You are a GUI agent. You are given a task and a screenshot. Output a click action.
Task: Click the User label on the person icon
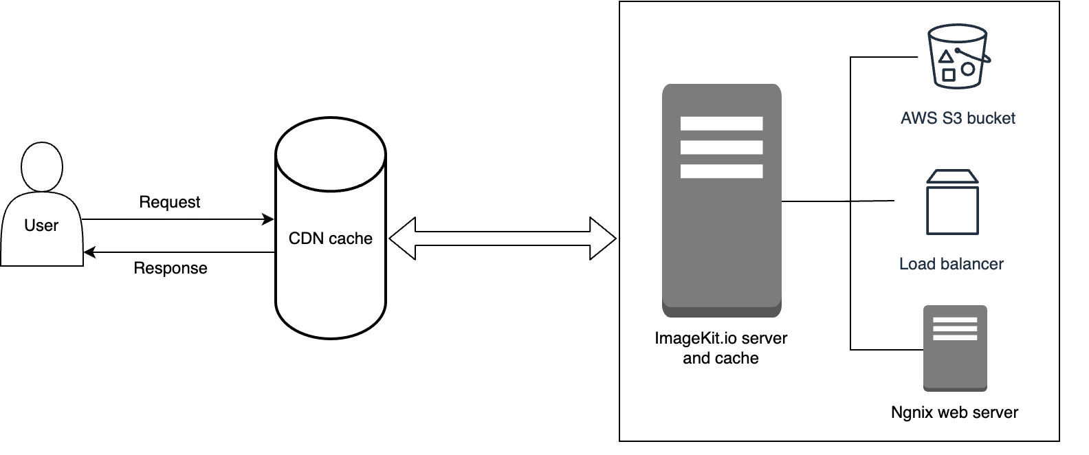coord(41,225)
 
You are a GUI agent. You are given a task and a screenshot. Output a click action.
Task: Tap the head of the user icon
coord(42,167)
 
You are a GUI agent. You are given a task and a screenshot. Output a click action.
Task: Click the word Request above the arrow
coord(169,202)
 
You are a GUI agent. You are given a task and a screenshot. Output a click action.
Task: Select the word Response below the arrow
coord(170,268)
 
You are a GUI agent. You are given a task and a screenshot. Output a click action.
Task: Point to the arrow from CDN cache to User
coord(179,253)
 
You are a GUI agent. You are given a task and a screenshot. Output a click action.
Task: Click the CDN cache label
coord(330,238)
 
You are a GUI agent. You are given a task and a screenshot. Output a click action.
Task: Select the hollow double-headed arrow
coord(502,238)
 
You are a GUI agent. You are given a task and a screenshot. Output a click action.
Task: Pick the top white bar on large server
coord(721,124)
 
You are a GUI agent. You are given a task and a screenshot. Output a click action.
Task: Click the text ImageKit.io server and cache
coord(720,348)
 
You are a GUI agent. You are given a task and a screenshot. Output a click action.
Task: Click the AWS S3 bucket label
coord(958,118)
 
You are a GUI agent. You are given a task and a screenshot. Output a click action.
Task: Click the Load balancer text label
coord(951,264)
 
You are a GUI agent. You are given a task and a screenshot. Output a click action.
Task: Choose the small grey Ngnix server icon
coord(955,348)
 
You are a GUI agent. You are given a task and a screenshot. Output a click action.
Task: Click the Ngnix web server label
coord(954,412)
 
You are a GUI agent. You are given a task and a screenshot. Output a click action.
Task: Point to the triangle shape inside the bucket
coord(946,57)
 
